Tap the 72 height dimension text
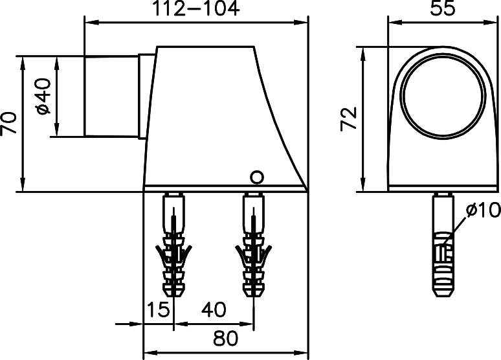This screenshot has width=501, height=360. (x=349, y=119)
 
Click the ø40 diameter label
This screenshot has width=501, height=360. (x=43, y=97)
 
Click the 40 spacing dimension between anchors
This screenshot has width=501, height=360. (x=213, y=310)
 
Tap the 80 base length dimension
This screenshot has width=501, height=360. (x=224, y=338)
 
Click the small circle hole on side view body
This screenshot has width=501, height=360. (x=256, y=176)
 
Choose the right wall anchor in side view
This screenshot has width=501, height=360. (x=254, y=246)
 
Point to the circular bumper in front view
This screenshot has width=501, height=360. (x=441, y=96)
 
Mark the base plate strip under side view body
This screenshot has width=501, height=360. (x=224, y=189)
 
